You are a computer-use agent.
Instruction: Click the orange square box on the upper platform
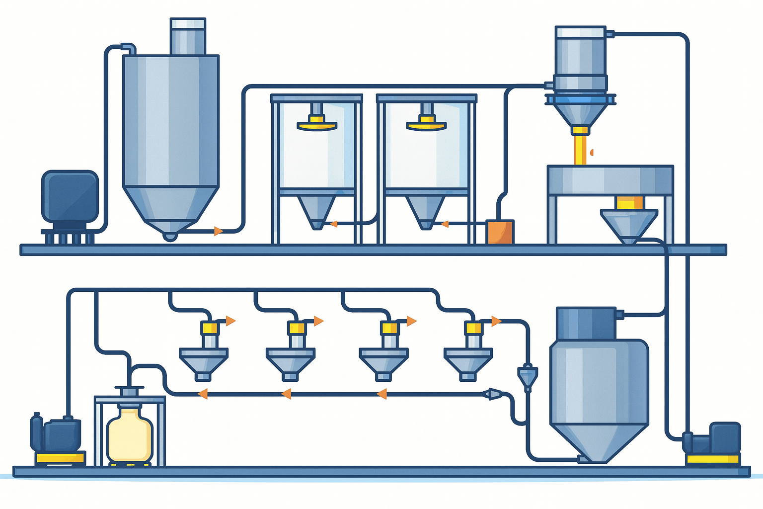pos(500,232)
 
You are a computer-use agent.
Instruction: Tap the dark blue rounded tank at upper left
pos(70,197)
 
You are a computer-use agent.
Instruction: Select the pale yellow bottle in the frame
pos(130,435)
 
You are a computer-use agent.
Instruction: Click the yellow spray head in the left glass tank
pos(316,124)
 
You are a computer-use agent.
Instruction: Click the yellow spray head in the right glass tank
pos(426,124)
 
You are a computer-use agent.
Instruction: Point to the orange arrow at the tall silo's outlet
pos(218,231)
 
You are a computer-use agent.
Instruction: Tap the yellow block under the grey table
pos(629,202)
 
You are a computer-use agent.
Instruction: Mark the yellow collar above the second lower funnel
pos(297,328)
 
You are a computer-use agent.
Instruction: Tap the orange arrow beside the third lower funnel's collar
pos(411,321)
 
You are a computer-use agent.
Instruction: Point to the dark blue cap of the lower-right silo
pos(586,324)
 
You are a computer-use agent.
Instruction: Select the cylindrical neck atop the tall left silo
pos(188,37)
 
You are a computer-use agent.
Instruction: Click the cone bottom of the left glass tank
pos(316,211)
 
